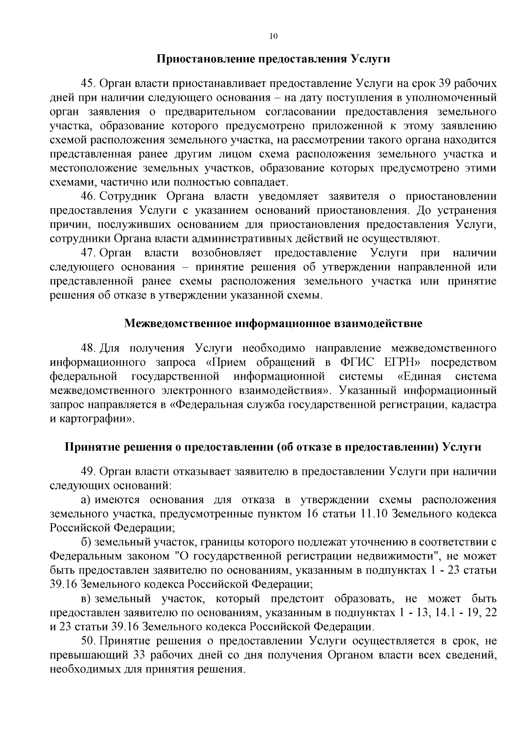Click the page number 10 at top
click(273, 37)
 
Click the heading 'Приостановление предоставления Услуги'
click(273, 59)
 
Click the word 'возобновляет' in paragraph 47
click(226, 253)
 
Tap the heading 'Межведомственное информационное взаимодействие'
click(273, 324)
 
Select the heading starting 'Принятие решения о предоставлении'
click(273, 447)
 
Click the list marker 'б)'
click(86, 542)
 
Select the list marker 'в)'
click(86, 599)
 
